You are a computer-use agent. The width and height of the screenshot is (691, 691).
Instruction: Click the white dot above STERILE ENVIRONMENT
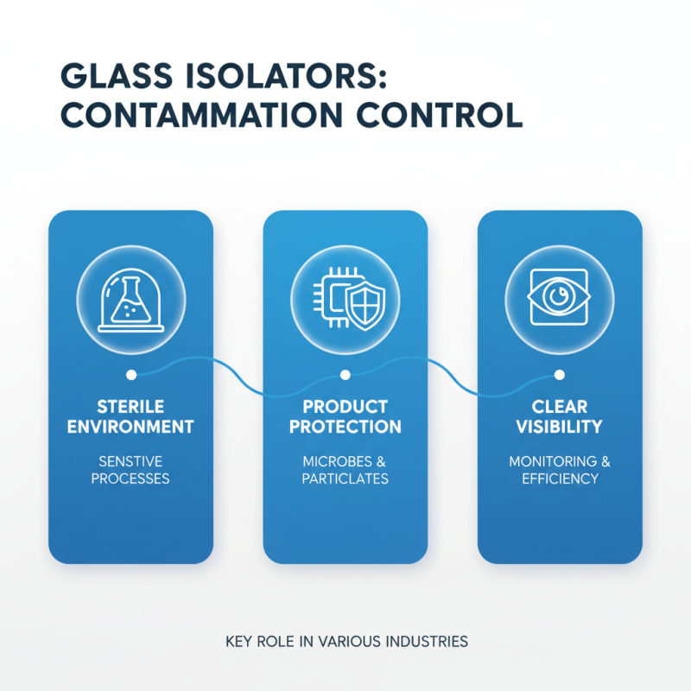[x=130, y=375]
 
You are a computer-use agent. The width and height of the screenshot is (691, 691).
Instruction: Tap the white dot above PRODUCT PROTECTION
[x=345, y=375]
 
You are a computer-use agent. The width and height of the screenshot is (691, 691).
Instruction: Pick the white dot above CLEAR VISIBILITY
[x=559, y=375]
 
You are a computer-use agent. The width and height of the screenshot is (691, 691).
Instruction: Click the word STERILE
[x=130, y=407]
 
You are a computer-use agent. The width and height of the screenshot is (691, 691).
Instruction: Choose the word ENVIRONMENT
[x=130, y=427]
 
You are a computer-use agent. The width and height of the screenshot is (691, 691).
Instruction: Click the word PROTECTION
[x=345, y=427]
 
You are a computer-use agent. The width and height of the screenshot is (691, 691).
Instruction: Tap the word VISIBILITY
[x=560, y=427]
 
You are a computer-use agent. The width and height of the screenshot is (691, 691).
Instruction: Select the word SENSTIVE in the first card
[x=130, y=462]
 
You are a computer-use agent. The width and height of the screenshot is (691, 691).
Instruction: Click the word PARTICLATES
[x=345, y=479]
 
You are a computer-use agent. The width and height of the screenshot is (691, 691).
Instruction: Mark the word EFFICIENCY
[x=560, y=479]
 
